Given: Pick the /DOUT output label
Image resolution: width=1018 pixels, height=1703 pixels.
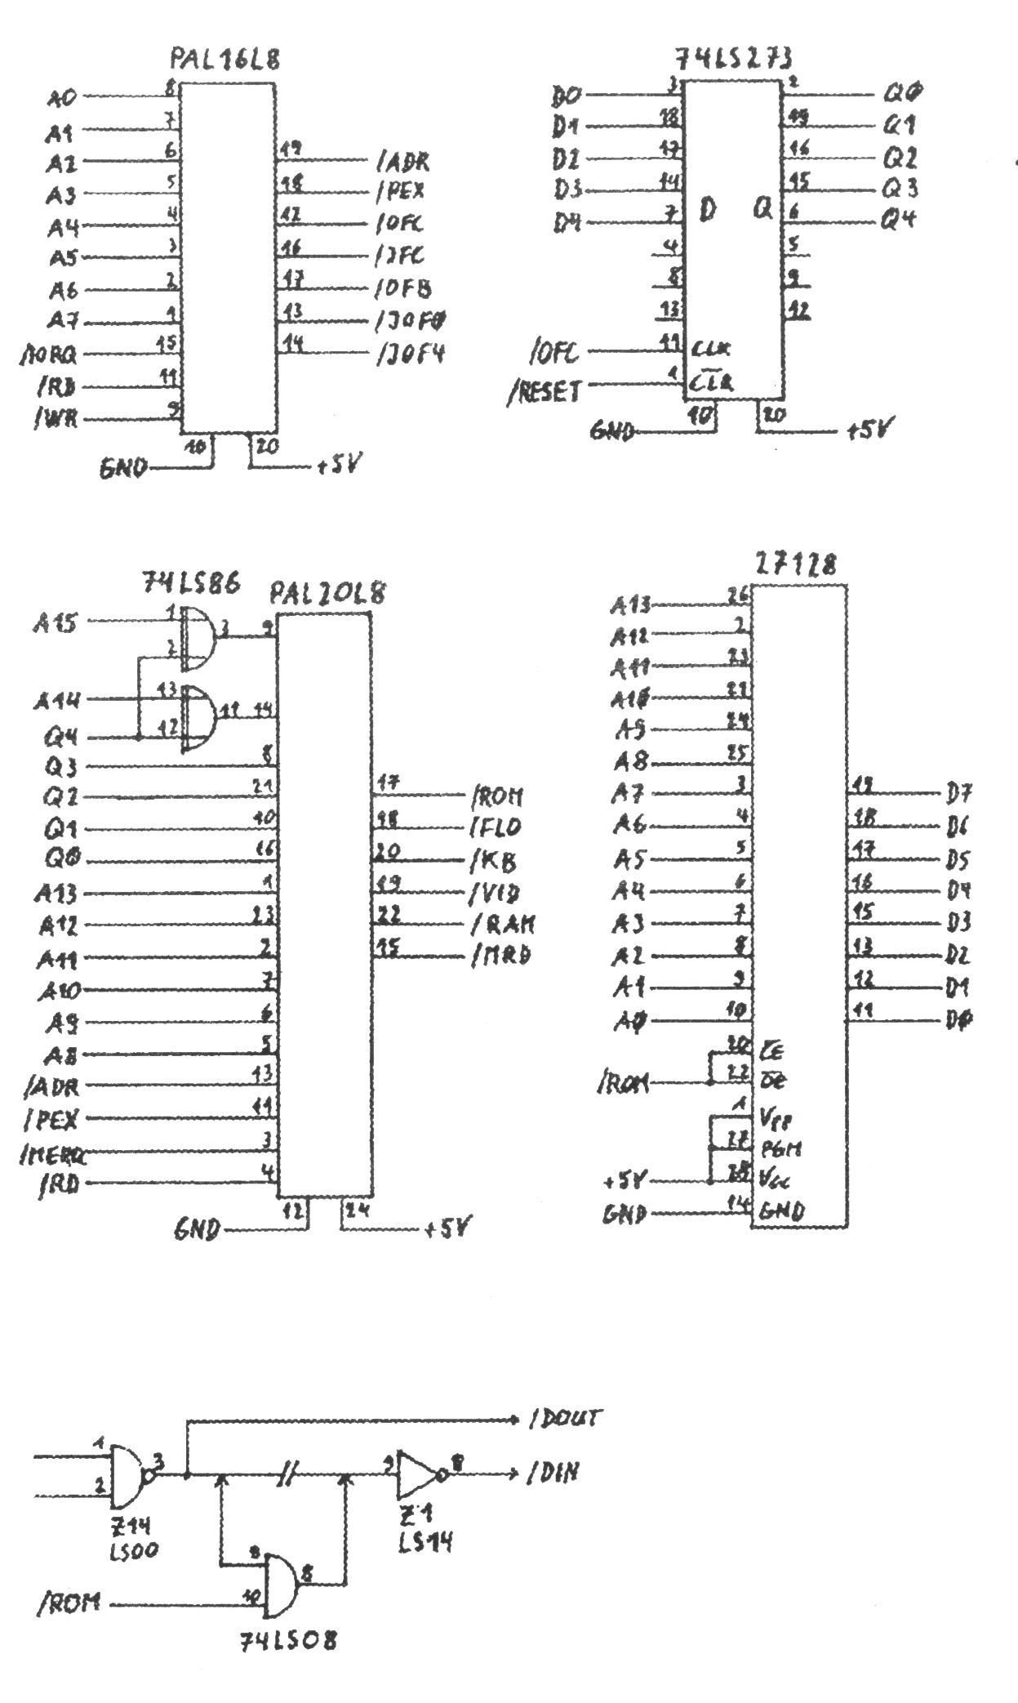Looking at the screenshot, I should coord(563,1419).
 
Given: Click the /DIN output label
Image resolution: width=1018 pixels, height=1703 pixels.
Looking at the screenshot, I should coord(553,1473).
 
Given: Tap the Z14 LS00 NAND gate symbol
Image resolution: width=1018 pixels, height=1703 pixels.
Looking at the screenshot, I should coord(127,1477).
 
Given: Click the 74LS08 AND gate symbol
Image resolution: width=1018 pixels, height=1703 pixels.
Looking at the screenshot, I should coord(280,1585).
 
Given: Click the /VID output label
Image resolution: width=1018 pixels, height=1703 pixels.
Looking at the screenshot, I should coord(496,893).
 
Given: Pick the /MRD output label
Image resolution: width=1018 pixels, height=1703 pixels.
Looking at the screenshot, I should coord(501,956).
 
